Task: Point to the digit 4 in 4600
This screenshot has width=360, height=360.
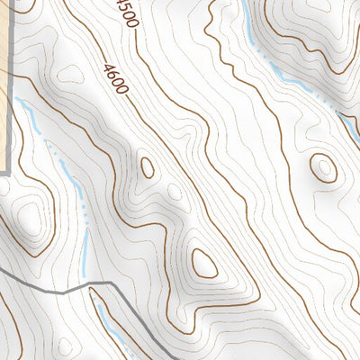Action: (109, 67)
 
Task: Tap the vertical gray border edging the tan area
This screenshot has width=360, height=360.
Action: (11, 108)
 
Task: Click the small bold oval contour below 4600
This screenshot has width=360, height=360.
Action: (147, 167)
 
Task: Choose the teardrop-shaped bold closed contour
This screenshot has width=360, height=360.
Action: (204, 263)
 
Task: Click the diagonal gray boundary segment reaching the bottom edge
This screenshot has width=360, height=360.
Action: (144, 333)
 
